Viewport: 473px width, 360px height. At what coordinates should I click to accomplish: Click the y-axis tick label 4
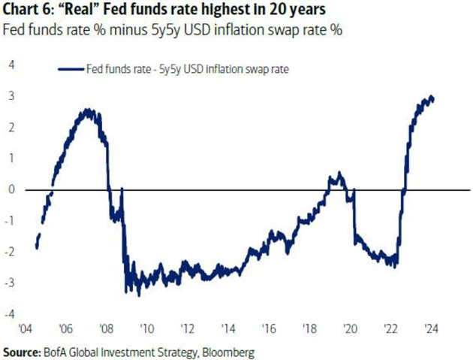coord(11,65)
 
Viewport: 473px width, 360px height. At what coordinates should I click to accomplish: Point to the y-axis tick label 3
coord(11,96)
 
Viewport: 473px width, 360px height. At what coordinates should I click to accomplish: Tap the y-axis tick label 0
coord(11,189)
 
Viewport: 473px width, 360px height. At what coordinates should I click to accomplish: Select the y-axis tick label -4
coord(10,313)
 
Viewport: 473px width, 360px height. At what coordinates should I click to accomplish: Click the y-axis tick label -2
coord(10,252)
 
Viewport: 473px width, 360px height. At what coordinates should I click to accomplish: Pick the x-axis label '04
coord(24,329)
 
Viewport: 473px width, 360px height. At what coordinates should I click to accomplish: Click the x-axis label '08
coord(106,329)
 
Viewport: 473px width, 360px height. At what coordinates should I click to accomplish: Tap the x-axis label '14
coord(227,329)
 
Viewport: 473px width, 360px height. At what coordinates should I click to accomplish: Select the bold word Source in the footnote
coord(23,352)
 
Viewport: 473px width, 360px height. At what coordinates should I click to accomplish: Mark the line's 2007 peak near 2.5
coord(89,110)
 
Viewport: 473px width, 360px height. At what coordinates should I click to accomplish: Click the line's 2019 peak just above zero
coord(339,174)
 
